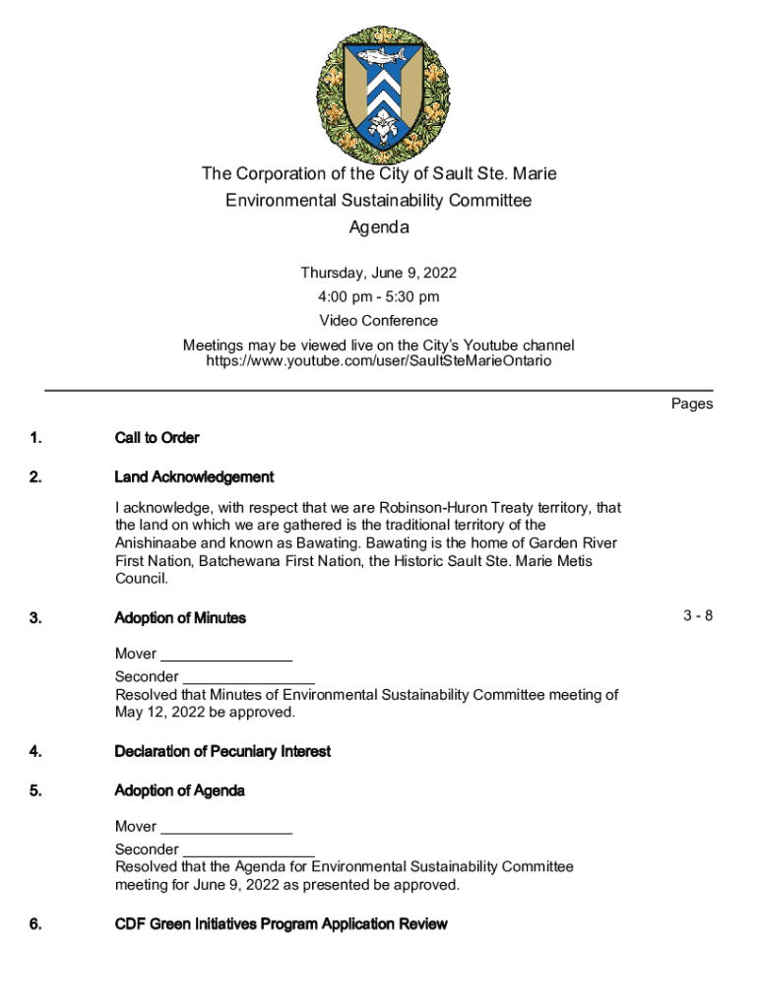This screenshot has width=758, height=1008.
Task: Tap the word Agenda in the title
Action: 379,227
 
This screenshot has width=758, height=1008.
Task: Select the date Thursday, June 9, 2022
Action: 379,273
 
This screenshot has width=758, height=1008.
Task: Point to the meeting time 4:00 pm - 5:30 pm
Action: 379,296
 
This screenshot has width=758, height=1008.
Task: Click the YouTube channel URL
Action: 379,360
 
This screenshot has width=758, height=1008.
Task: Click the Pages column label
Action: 692,404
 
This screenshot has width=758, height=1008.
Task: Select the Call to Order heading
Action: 157,437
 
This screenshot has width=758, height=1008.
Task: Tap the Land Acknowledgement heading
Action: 194,476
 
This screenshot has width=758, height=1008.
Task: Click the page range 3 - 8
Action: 698,616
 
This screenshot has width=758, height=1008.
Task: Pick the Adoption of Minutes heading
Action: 180,618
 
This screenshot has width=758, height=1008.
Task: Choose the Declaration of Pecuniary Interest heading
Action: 222,751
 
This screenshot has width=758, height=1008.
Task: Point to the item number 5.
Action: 35,790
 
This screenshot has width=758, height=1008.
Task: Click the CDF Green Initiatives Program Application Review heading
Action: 281,923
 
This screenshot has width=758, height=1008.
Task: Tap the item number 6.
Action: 35,923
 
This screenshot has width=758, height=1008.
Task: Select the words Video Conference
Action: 379,321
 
